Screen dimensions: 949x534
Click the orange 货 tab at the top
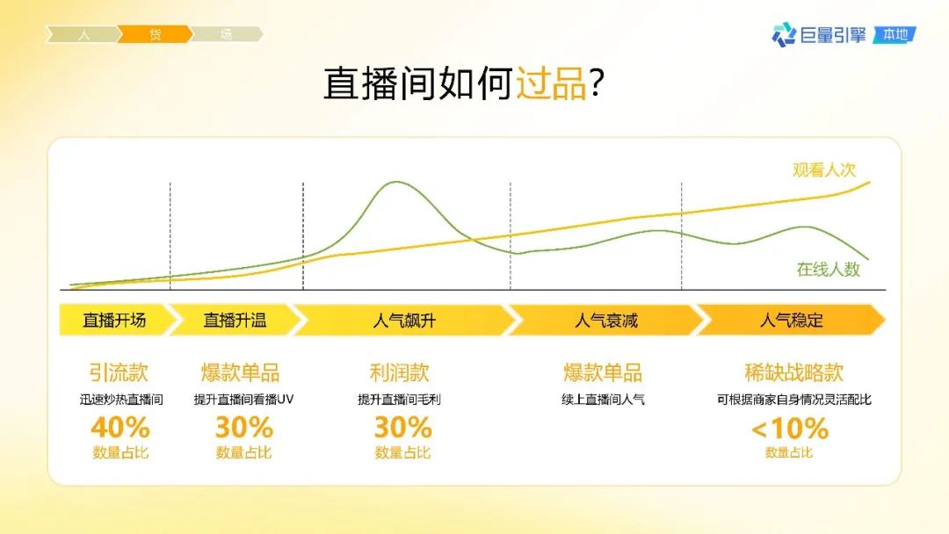(x=155, y=34)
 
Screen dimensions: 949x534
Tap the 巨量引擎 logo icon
(x=784, y=34)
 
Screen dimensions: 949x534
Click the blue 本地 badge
(x=895, y=35)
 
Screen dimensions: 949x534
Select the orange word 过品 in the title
(x=551, y=83)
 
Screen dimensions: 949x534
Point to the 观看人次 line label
(x=824, y=170)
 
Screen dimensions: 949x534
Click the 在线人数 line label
(x=829, y=269)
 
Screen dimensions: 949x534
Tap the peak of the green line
(x=396, y=182)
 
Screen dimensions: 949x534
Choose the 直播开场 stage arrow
(x=114, y=320)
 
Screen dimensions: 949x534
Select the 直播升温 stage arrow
(x=235, y=320)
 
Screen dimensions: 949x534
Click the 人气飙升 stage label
(x=404, y=321)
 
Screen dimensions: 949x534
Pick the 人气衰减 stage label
(x=606, y=321)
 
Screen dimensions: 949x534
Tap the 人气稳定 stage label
(x=792, y=321)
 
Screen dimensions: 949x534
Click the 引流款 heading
(x=119, y=372)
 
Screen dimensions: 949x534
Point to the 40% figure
(x=120, y=428)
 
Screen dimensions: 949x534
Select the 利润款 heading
(x=400, y=372)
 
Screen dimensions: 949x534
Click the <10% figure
(x=790, y=429)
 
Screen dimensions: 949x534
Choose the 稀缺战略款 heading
(x=794, y=372)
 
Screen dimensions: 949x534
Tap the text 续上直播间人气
(x=604, y=399)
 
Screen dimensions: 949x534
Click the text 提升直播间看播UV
(x=243, y=399)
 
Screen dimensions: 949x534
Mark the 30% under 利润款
(x=403, y=428)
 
